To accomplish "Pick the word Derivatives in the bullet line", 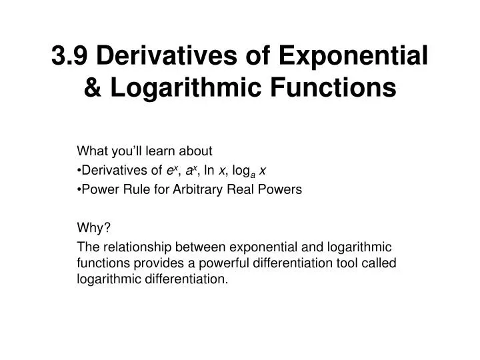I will (109, 170).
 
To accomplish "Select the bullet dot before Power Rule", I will (80, 189).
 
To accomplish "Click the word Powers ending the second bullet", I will (283, 189).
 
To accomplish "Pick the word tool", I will (343, 263).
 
